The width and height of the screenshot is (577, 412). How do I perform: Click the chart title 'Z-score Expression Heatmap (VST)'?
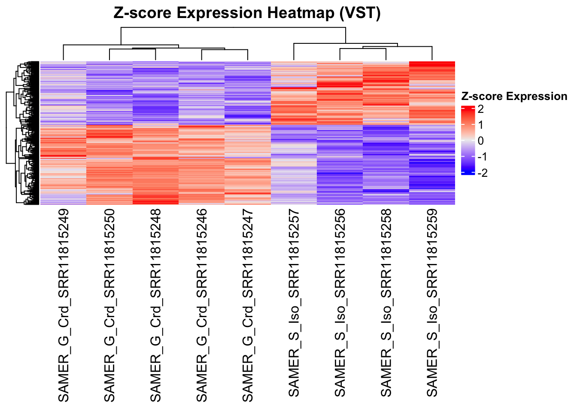pyautogui.click(x=247, y=13)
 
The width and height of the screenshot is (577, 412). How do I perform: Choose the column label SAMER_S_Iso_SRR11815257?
pyautogui.click(x=294, y=303)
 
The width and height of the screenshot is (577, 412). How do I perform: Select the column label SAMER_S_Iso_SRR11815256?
pyautogui.click(x=340, y=303)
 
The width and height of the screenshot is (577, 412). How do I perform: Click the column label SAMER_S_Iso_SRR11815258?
pyautogui.click(x=386, y=303)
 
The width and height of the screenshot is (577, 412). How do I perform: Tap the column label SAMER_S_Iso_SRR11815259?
pyautogui.click(x=432, y=303)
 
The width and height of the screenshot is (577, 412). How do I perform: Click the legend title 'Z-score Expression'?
pyautogui.click(x=514, y=97)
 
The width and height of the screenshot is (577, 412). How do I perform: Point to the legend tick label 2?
pyautogui.click(x=480, y=109)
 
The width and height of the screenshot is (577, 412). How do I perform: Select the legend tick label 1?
pyautogui.click(x=480, y=125)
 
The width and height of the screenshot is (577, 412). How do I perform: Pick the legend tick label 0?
pyautogui.click(x=480, y=141)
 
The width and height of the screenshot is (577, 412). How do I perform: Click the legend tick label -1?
pyautogui.click(x=482, y=157)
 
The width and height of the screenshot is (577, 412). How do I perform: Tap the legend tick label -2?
pyautogui.click(x=482, y=173)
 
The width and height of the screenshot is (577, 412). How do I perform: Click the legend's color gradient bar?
pyautogui.click(x=468, y=141)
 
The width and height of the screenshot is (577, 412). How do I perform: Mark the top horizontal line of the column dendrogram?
pyautogui.click(x=233, y=27)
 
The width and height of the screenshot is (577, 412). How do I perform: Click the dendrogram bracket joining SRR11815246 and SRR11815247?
pyautogui.click(x=225, y=50)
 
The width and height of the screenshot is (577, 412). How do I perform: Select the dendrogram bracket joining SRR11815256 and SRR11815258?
pyautogui.click(x=363, y=49)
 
